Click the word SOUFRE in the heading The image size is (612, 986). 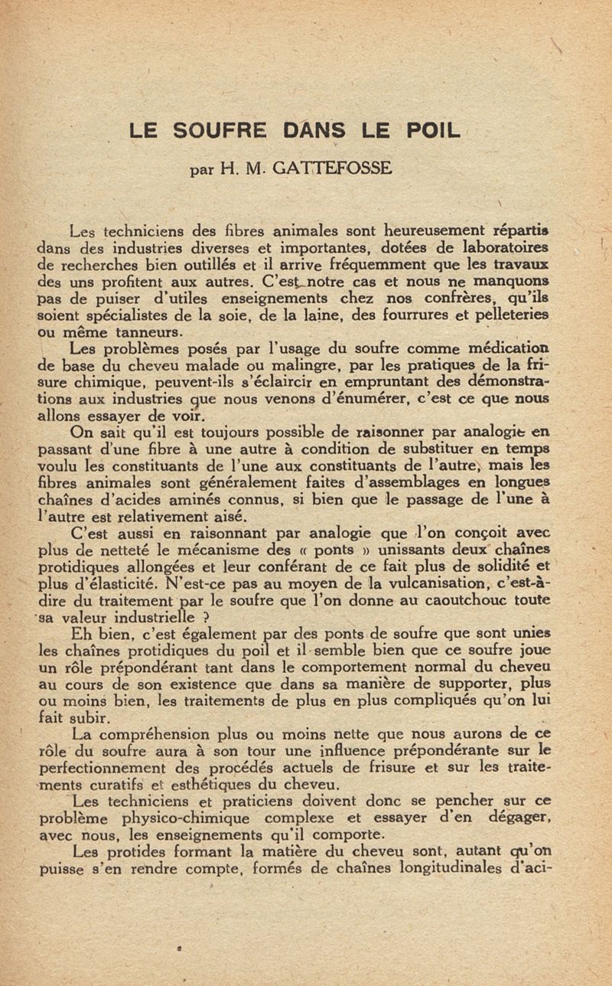pos(219,130)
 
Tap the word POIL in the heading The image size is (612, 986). pos(432,130)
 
